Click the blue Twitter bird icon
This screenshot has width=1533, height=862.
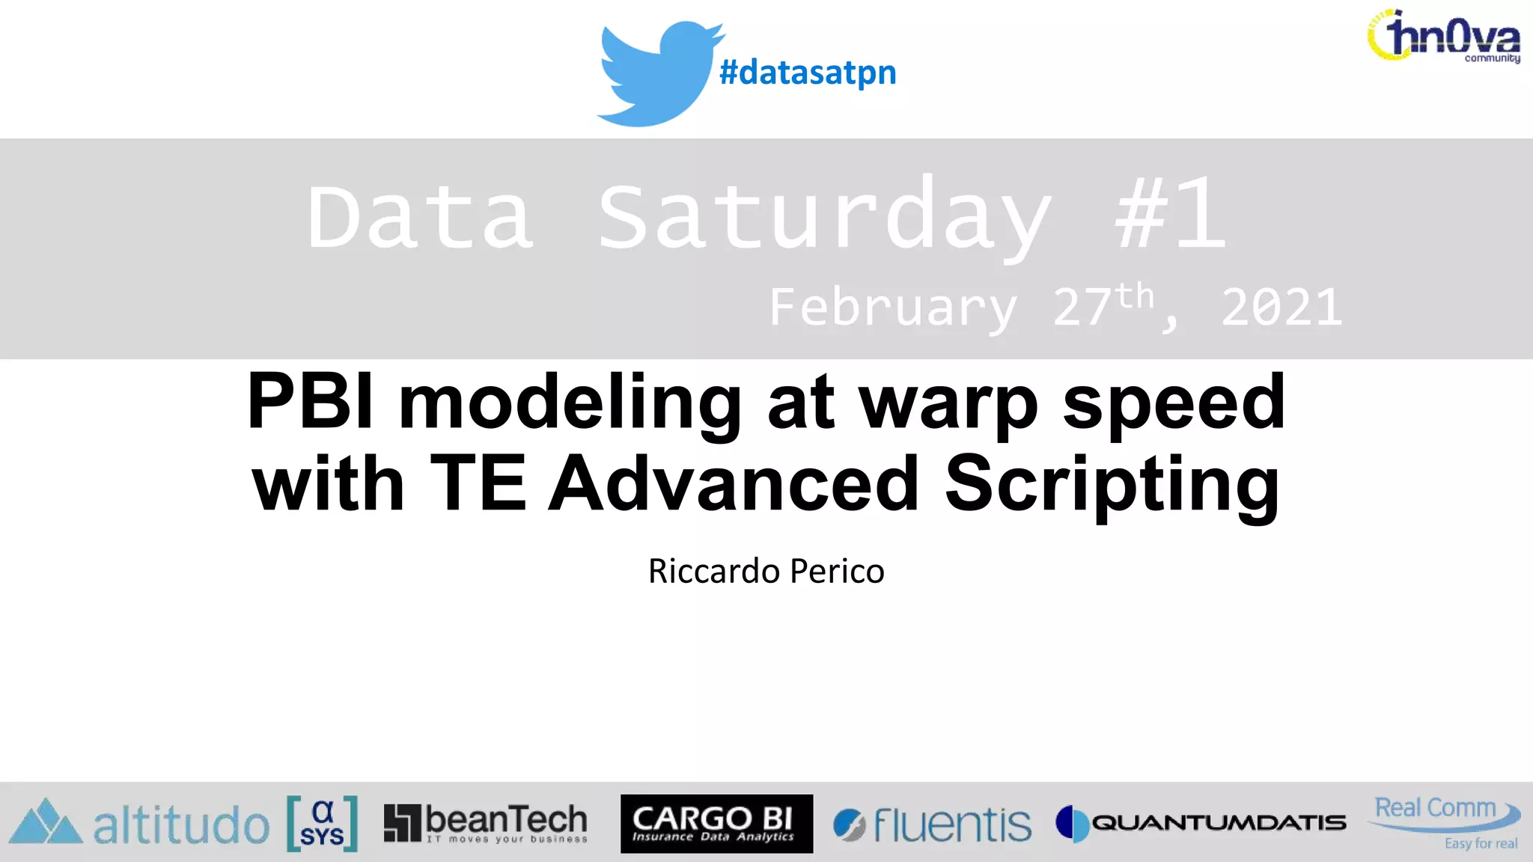coord(655,73)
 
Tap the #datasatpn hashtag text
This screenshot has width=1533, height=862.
coord(807,73)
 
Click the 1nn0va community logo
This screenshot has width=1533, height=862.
coord(1445,36)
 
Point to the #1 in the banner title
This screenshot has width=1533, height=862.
coord(1170,215)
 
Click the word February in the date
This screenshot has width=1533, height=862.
coord(893,307)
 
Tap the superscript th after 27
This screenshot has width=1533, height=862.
coord(1135,296)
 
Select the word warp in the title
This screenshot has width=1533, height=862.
coord(948,404)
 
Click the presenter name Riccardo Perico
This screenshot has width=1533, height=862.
coord(766,571)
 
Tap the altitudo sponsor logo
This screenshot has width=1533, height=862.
coord(140,824)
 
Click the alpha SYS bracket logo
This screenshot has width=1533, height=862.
coord(322,824)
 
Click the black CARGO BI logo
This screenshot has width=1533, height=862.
coord(716,823)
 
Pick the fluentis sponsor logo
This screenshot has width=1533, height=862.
coord(933,825)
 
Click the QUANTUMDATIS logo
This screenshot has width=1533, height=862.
coord(1201,823)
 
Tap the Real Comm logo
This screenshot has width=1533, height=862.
coord(1443,819)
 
